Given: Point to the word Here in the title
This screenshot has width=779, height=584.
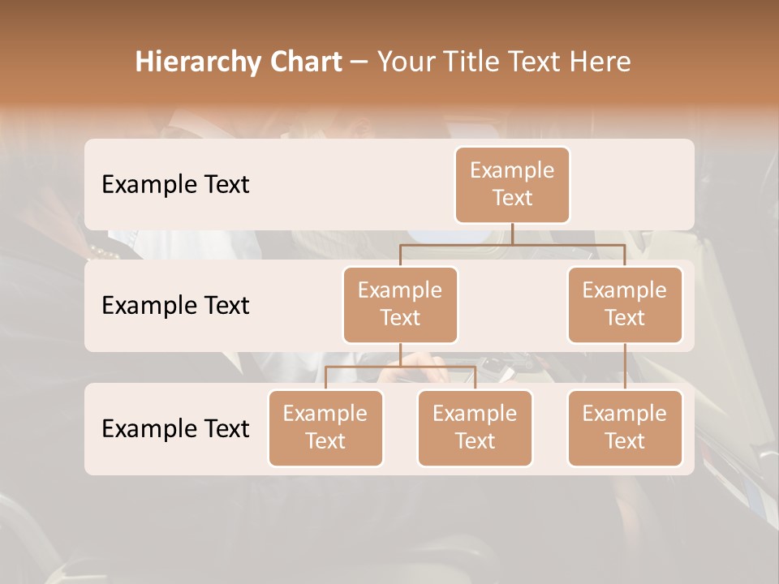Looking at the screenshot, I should pos(600,62).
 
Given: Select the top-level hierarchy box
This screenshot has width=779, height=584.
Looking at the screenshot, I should pos(512,185).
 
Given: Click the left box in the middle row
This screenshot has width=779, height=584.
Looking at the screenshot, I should pos(400,304).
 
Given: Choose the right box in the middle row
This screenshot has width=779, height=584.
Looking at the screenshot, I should pos(625,304).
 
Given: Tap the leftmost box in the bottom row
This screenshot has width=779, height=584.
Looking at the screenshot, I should pos(325,427).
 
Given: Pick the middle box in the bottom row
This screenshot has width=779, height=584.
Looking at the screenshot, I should pos(475,427).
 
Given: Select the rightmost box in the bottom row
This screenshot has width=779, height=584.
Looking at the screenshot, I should pos(625,427).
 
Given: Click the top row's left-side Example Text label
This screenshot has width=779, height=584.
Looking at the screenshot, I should pos(175,185).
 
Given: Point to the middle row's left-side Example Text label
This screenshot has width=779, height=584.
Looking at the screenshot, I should pos(175,306).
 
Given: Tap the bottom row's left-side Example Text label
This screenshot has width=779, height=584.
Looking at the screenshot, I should pos(175,428).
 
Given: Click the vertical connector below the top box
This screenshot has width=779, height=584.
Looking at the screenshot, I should pos(512,234).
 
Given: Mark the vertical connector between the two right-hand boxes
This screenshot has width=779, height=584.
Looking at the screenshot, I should pos(625,367).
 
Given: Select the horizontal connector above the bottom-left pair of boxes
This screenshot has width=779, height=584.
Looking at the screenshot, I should pos(400,367).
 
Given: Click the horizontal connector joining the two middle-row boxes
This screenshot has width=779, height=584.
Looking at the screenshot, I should pos(512,244).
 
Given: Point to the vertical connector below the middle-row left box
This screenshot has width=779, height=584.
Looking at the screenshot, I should pos(400,354).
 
